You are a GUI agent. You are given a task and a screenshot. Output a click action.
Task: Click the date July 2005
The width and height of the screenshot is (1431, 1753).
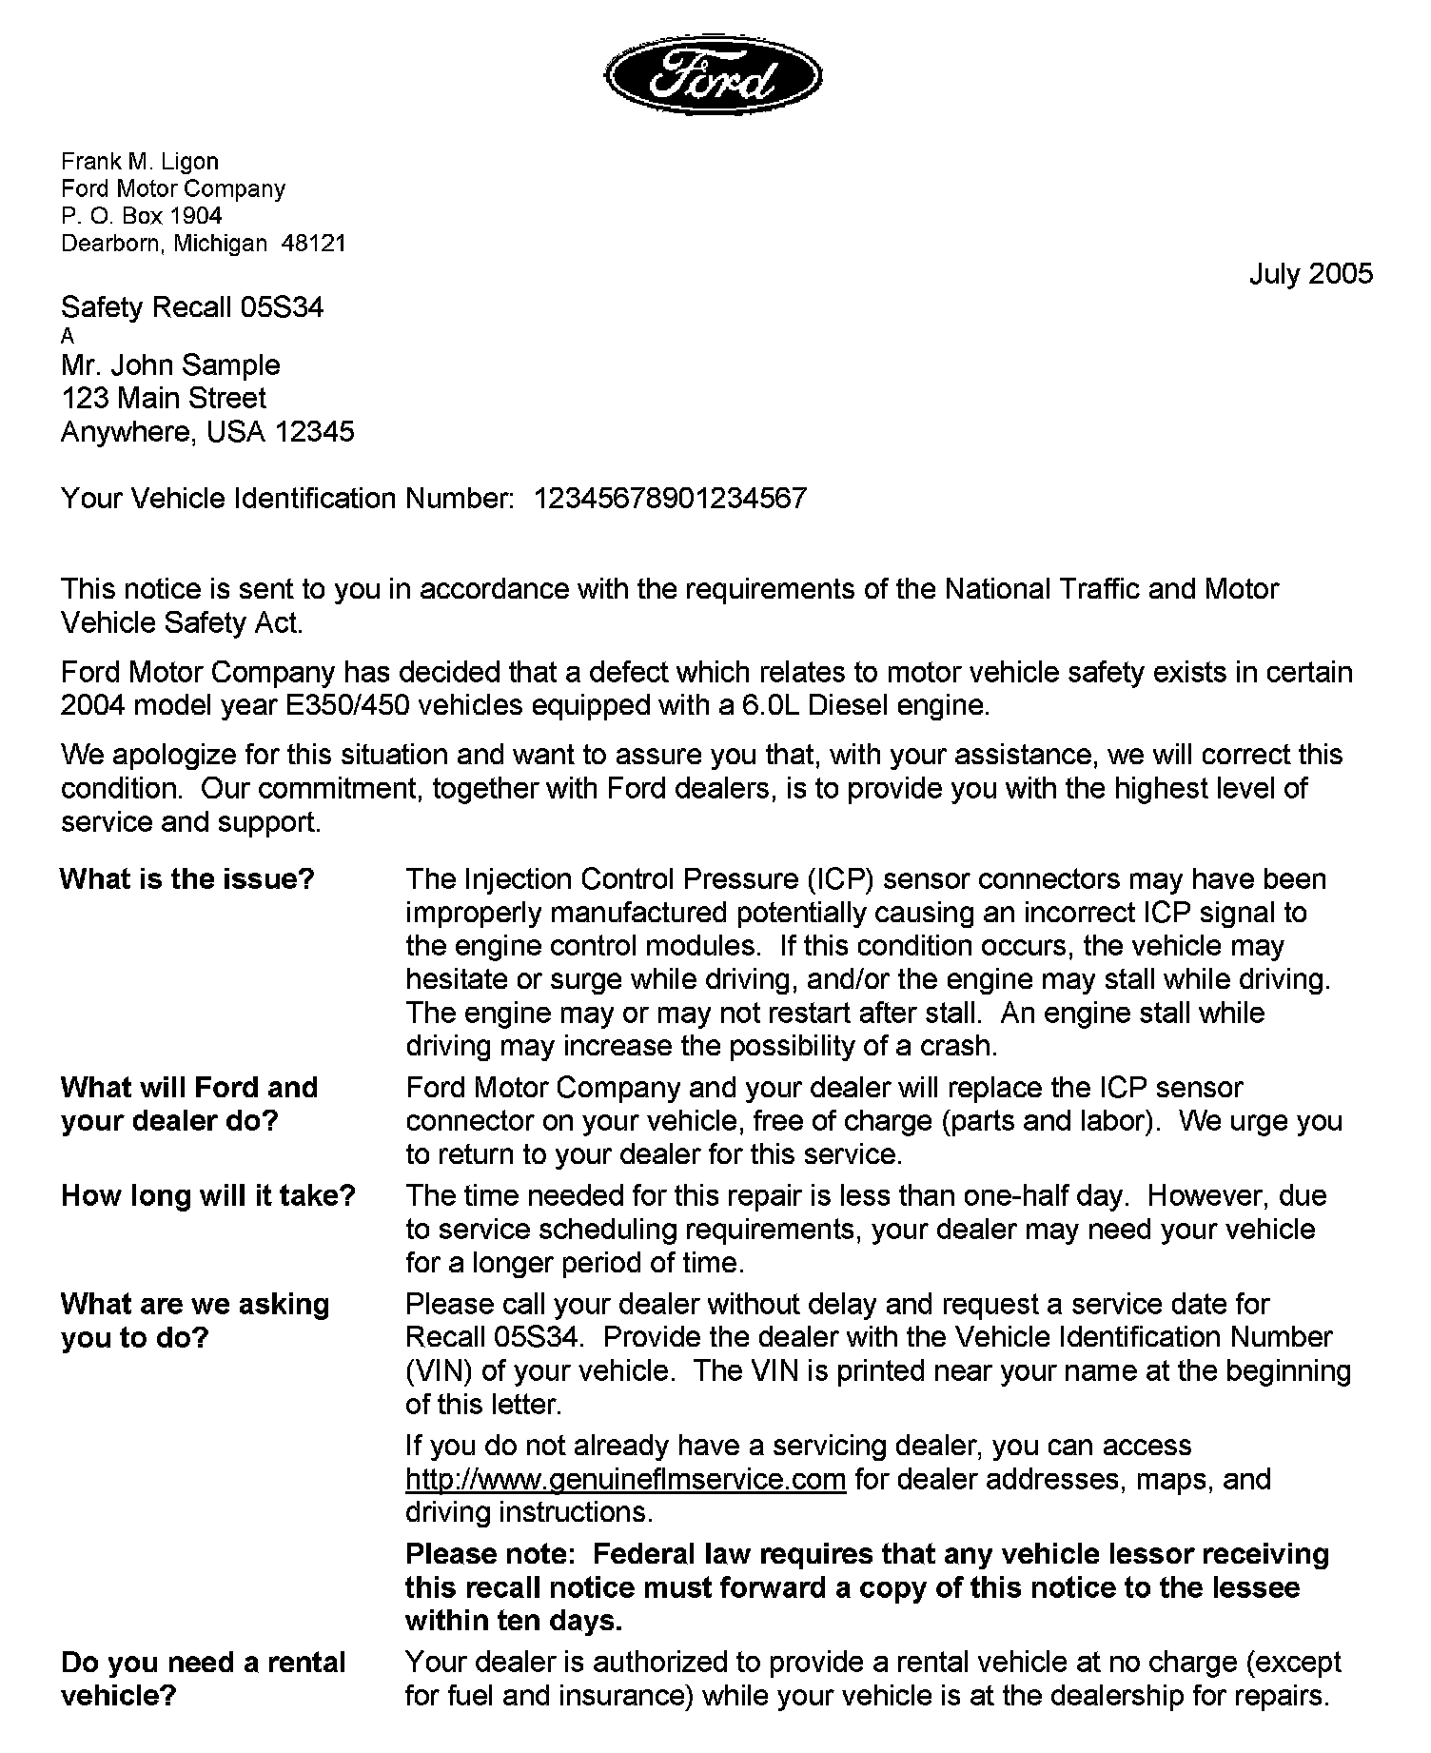(x=1310, y=274)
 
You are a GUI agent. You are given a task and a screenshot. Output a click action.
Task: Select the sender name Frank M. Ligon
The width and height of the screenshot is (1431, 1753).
(x=140, y=162)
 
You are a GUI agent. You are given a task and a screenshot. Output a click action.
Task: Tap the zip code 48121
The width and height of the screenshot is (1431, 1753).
(x=314, y=244)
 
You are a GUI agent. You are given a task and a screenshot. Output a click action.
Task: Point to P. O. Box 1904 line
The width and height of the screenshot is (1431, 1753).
(x=142, y=216)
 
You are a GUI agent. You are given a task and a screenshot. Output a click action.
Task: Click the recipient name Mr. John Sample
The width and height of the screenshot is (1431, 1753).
(x=170, y=365)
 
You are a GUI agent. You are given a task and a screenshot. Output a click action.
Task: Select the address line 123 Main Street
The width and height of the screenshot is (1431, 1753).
(x=164, y=399)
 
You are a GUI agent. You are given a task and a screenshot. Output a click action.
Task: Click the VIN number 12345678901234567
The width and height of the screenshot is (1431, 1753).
(x=671, y=499)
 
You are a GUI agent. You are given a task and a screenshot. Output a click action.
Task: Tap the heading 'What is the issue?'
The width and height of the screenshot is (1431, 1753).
(x=186, y=879)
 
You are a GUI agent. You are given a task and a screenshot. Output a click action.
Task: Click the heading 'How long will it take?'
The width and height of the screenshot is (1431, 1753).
(x=208, y=1196)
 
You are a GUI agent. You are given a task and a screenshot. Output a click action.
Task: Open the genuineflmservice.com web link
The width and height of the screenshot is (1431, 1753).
(x=625, y=1480)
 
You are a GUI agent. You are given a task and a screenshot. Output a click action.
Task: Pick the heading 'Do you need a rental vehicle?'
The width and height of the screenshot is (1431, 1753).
(x=204, y=1679)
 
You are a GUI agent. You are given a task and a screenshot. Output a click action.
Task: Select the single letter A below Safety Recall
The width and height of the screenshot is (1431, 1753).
(x=68, y=336)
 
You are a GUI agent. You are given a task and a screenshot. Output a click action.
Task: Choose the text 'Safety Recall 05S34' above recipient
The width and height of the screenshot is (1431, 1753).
(x=192, y=307)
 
